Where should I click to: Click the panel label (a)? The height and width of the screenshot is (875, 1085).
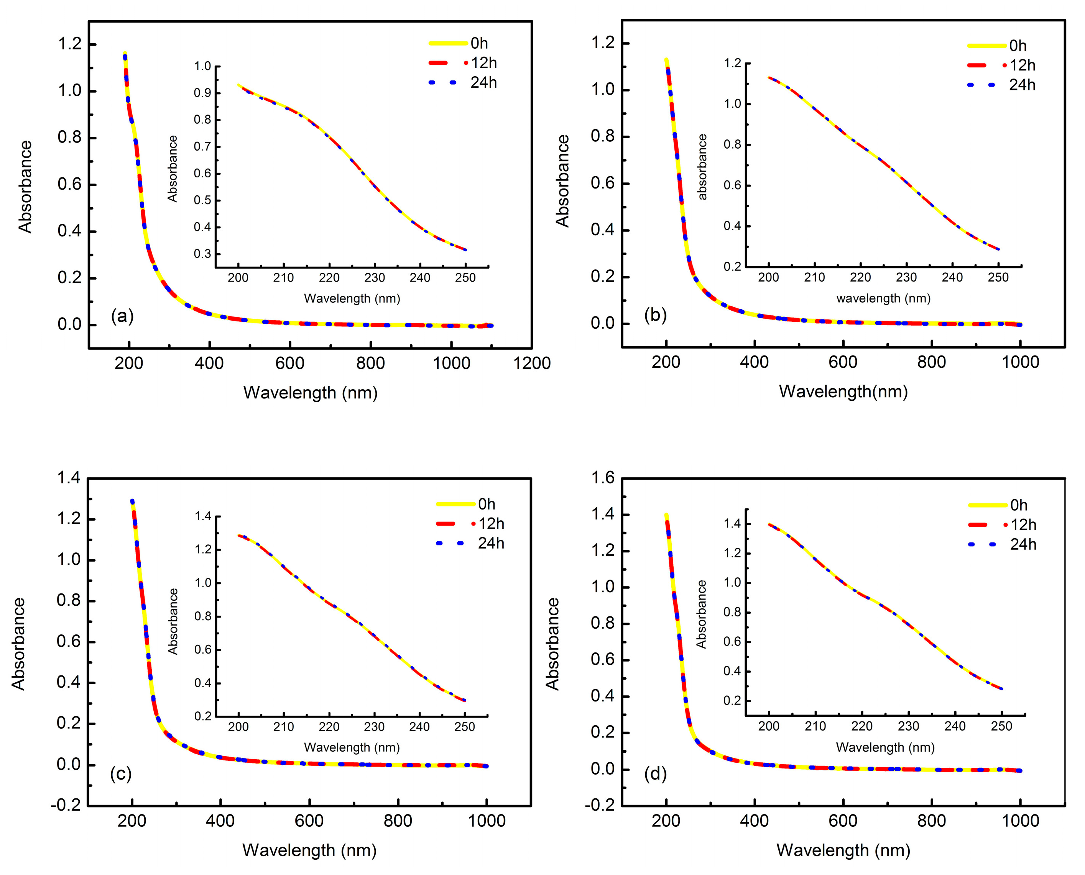point(122,316)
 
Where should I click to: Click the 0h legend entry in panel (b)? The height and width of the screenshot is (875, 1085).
point(1018,46)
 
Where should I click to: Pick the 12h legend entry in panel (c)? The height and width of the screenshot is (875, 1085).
point(491,524)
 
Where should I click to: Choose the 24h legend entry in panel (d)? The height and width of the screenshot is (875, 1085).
point(1023,544)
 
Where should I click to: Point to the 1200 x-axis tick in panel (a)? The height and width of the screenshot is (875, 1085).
point(532,363)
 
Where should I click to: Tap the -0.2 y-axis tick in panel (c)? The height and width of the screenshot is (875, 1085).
point(66,805)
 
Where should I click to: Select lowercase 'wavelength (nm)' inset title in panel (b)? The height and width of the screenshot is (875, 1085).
point(883,298)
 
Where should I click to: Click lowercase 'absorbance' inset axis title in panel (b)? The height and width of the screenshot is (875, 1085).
point(702,167)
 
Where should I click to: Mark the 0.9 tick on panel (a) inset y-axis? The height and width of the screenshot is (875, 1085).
point(202,93)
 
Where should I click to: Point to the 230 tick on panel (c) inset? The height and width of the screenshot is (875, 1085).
point(374,727)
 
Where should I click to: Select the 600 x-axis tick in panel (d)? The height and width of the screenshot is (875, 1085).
point(843,821)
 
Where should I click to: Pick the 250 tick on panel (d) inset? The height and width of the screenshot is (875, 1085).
point(1001,726)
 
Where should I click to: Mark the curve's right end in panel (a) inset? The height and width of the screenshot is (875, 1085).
point(465,250)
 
